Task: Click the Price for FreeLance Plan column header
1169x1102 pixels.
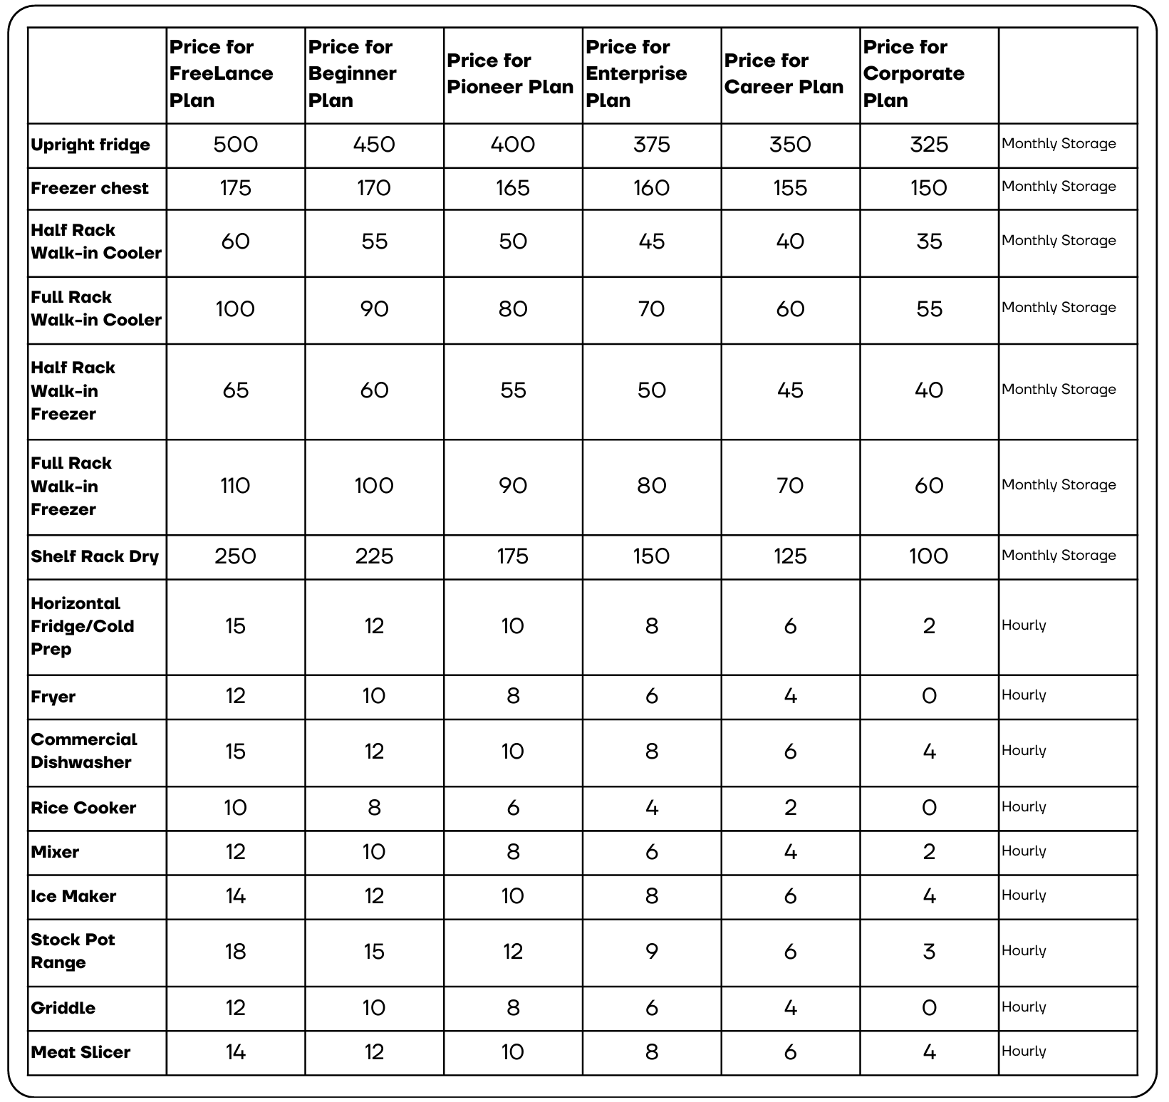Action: point(221,73)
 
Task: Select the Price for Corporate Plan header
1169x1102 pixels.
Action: point(913,73)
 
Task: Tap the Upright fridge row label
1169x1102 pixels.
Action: point(90,145)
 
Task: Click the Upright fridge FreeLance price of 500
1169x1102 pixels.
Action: point(235,145)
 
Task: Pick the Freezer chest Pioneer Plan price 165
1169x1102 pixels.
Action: point(513,188)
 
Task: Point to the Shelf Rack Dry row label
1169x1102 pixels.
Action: point(94,556)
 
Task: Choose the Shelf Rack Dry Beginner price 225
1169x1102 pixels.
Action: point(374,556)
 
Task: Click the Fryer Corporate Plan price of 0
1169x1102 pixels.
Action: point(929,696)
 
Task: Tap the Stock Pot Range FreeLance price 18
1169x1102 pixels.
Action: point(235,952)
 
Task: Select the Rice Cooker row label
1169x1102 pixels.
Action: point(83,808)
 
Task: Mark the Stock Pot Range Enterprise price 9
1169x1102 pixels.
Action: point(651,952)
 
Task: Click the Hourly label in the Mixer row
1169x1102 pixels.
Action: point(1024,851)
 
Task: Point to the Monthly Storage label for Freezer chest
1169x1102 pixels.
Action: point(1059,187)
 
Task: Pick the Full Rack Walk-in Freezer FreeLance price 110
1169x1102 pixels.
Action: point(235,486)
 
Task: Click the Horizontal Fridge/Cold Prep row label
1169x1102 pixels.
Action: point(82,626)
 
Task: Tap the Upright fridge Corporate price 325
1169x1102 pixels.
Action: point(929,145)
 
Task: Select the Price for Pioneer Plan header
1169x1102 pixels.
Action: point(510,73)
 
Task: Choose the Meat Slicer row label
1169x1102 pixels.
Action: point(80,1052)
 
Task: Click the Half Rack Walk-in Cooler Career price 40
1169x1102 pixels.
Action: point(790,241)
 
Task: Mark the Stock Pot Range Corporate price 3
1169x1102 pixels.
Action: point(929,952)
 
